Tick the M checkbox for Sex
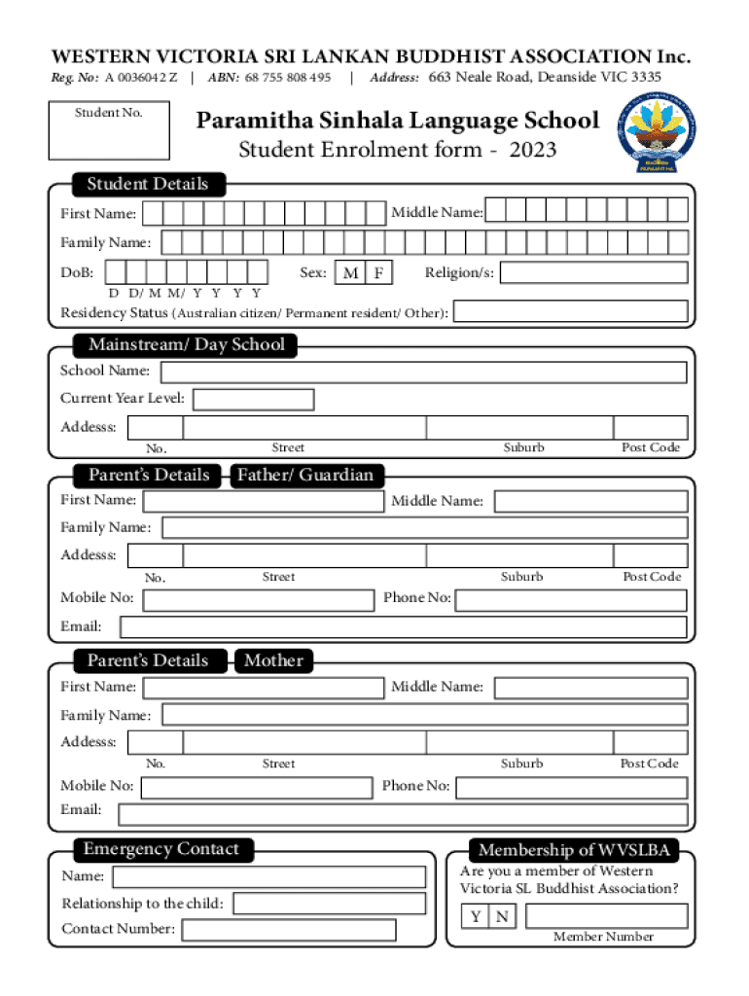pos(350,273)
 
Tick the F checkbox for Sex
pos(378,273)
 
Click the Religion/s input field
pos(593,272)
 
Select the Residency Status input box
pos(571,312)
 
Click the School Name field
pos(423,372)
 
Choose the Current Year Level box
pos(254,399)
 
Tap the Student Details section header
pos(147,184)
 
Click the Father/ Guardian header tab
pos(306,475)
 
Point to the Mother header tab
pos(273,660)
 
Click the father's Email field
pos(403,627)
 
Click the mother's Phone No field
pos(571,787)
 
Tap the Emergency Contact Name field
pos(268,877)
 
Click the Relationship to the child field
pos(329,904)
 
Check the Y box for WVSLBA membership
pos(476,916)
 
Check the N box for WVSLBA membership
pos(502,916)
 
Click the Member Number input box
pos(604,916)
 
